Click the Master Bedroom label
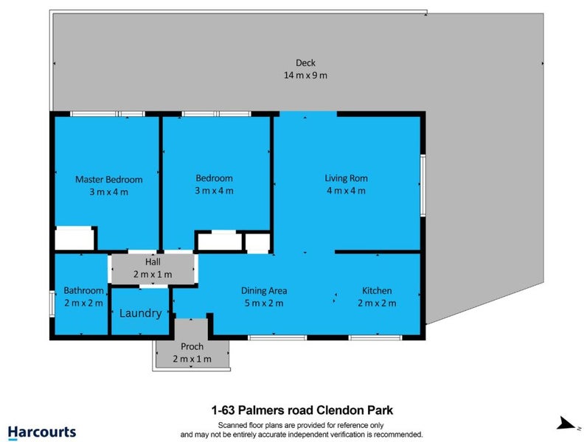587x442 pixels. pyautogui.click(x=109, y=180)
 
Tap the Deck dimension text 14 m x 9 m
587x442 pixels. pyautogui.click(x=305, y=75)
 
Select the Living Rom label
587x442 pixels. pyautogui.click(x=346, y=178)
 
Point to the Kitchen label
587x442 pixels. pyautogui.click(x=377, y=290)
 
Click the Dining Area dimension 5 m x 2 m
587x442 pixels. pyautogui.click(x=264, y=303)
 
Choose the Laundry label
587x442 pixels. pyautogui.click(x=140, y=313)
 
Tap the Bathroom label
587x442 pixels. pyautogui.click(x=83, y=290)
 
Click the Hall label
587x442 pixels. pyautogui.click(x=153, y=262)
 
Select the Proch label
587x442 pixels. pyautogui.click(x=192, y=347)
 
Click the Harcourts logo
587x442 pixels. pyautogui.click(x=42, y=432)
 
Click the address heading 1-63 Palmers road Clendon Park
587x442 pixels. pyautogui.click(x=302, y=410)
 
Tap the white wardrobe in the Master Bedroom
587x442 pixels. pyautogui.click(x=74, y=238)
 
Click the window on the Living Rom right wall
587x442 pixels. pyautogui.click(x=423, y=186)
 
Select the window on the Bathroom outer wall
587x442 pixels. pyautogui.click(x=52, y=304)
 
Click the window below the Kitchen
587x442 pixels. pyautogui.click(x=375, y=338)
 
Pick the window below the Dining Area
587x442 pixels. pyautogui.click(x=277, y=338)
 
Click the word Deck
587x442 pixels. pyautogui.click(x=305, y=63)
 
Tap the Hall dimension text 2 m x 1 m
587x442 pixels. pyautogui.click(x=153, y=275)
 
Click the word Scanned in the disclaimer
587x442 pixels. pyautogui.click(x=232, y=425)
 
